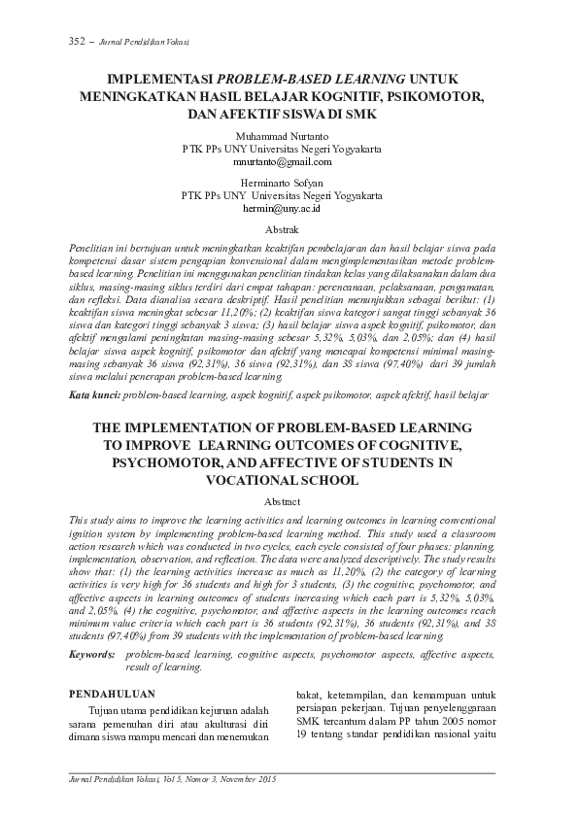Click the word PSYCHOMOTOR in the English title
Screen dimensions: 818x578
point(172,462)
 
